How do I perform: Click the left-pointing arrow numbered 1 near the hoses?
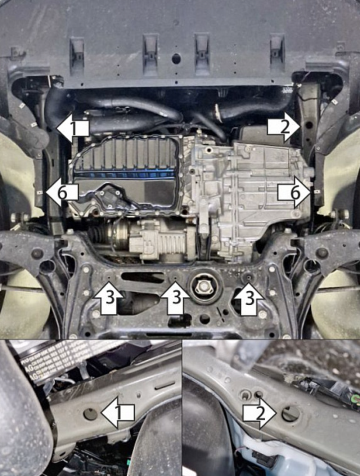pyautogui.click(x=73, y=129)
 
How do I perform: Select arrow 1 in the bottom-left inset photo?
pyautogui.click(x=118, y=413)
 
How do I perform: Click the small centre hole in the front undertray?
pyautogui.click(x=176, y=57)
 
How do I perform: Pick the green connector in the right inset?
pyautogui.click(x=355, y=399)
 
